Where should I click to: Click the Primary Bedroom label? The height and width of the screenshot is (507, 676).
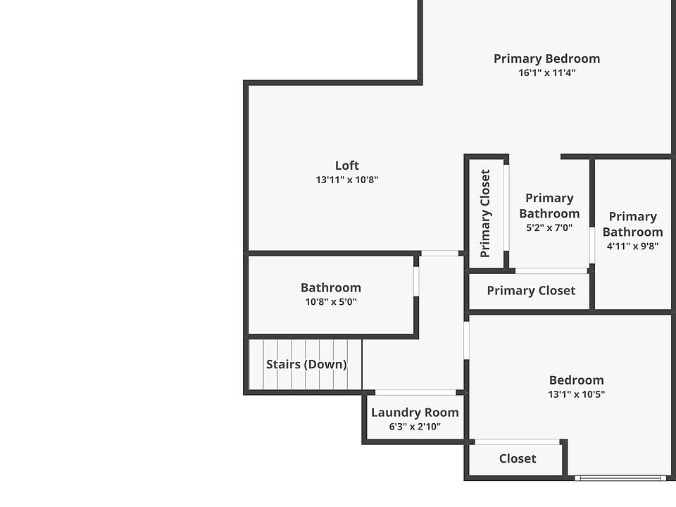[x=546, y=58]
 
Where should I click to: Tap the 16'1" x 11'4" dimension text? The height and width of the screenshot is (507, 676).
[x=546, y=73]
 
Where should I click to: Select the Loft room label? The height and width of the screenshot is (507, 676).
[x=346, y=165]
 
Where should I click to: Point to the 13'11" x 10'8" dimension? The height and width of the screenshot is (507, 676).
[x=346, y=180]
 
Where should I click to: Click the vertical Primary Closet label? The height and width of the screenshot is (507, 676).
[x=485, y=213]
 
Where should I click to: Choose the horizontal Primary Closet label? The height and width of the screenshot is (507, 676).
[x=531, y=290]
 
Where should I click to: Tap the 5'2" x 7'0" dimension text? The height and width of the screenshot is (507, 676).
[x=549, y=227]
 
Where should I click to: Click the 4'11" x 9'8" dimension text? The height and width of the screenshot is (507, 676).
[x=632, y=246]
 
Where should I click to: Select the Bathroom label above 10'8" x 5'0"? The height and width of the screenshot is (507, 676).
[x=330, y=287]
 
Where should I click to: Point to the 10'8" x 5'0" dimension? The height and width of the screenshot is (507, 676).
[x=330, y=301]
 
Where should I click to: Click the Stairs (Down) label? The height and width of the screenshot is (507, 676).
[x=306, y=364]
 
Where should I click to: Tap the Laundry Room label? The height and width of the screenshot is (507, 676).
[x=415, y=413]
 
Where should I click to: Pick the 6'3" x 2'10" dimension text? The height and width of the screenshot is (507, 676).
[x=415, y=426]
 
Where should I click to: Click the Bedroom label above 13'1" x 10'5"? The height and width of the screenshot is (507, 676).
[x=576, y=380]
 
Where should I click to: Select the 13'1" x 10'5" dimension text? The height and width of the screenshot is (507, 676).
[x=576, y=394]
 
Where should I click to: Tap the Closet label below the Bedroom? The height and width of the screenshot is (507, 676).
[x=518, y=458]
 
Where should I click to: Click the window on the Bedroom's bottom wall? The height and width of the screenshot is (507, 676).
[x=620, y=478]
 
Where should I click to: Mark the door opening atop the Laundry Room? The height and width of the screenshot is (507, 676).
[x=415, y=392]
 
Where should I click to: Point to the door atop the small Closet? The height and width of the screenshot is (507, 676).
[x=518, y=442]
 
